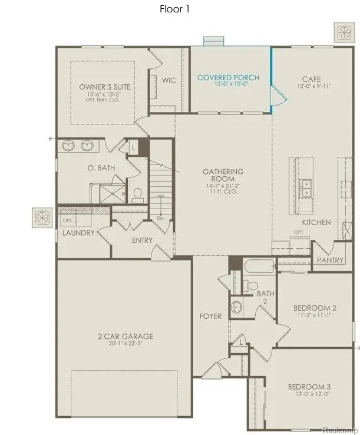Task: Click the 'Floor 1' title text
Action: coord(175,9)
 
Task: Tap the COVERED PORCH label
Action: coord(228,78)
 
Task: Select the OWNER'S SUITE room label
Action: coord(105,87)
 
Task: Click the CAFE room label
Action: coord(311,78)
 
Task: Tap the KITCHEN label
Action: coord(316,222)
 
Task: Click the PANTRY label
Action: coord(330,260)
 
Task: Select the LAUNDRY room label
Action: coord(78,233)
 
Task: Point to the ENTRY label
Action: coord(143,240)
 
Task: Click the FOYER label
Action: coord(210,317)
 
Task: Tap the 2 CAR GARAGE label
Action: coord(125,336)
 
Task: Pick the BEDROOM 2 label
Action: coord(315,308)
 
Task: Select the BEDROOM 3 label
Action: coord(309,387)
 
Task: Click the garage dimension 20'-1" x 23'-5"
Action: coord(125,343)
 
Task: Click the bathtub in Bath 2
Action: coord(258,268)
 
